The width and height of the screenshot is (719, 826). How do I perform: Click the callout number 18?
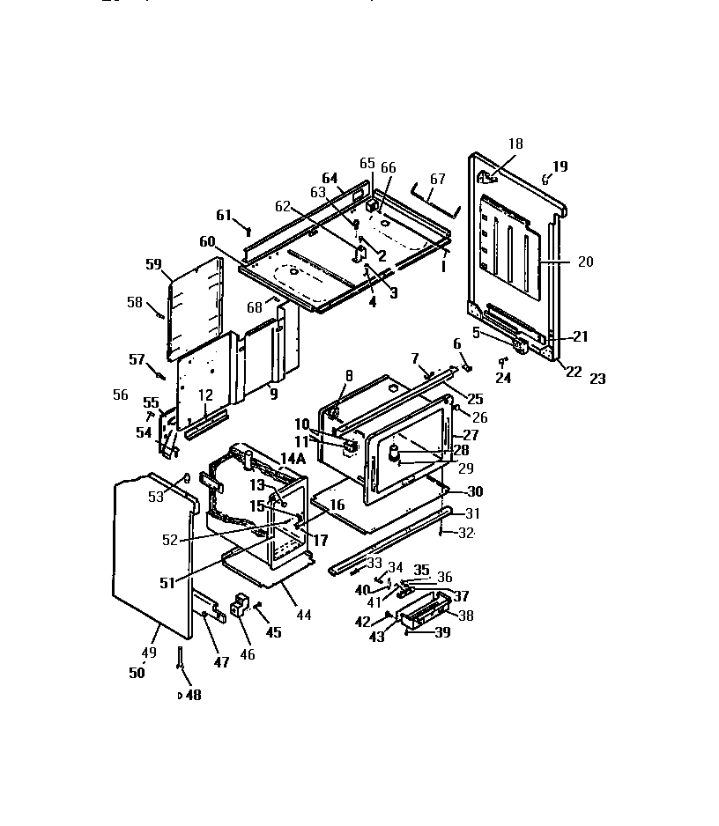point(515,143)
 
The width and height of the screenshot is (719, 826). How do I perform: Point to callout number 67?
point(438,179)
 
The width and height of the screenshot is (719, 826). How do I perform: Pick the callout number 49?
point(149,653)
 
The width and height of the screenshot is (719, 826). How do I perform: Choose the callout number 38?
point(465,616)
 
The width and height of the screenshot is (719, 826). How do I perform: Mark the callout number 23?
point(597,380)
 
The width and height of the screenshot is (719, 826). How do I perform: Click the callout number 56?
point(121,395)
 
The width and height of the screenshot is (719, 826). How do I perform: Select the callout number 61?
point(224,215)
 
